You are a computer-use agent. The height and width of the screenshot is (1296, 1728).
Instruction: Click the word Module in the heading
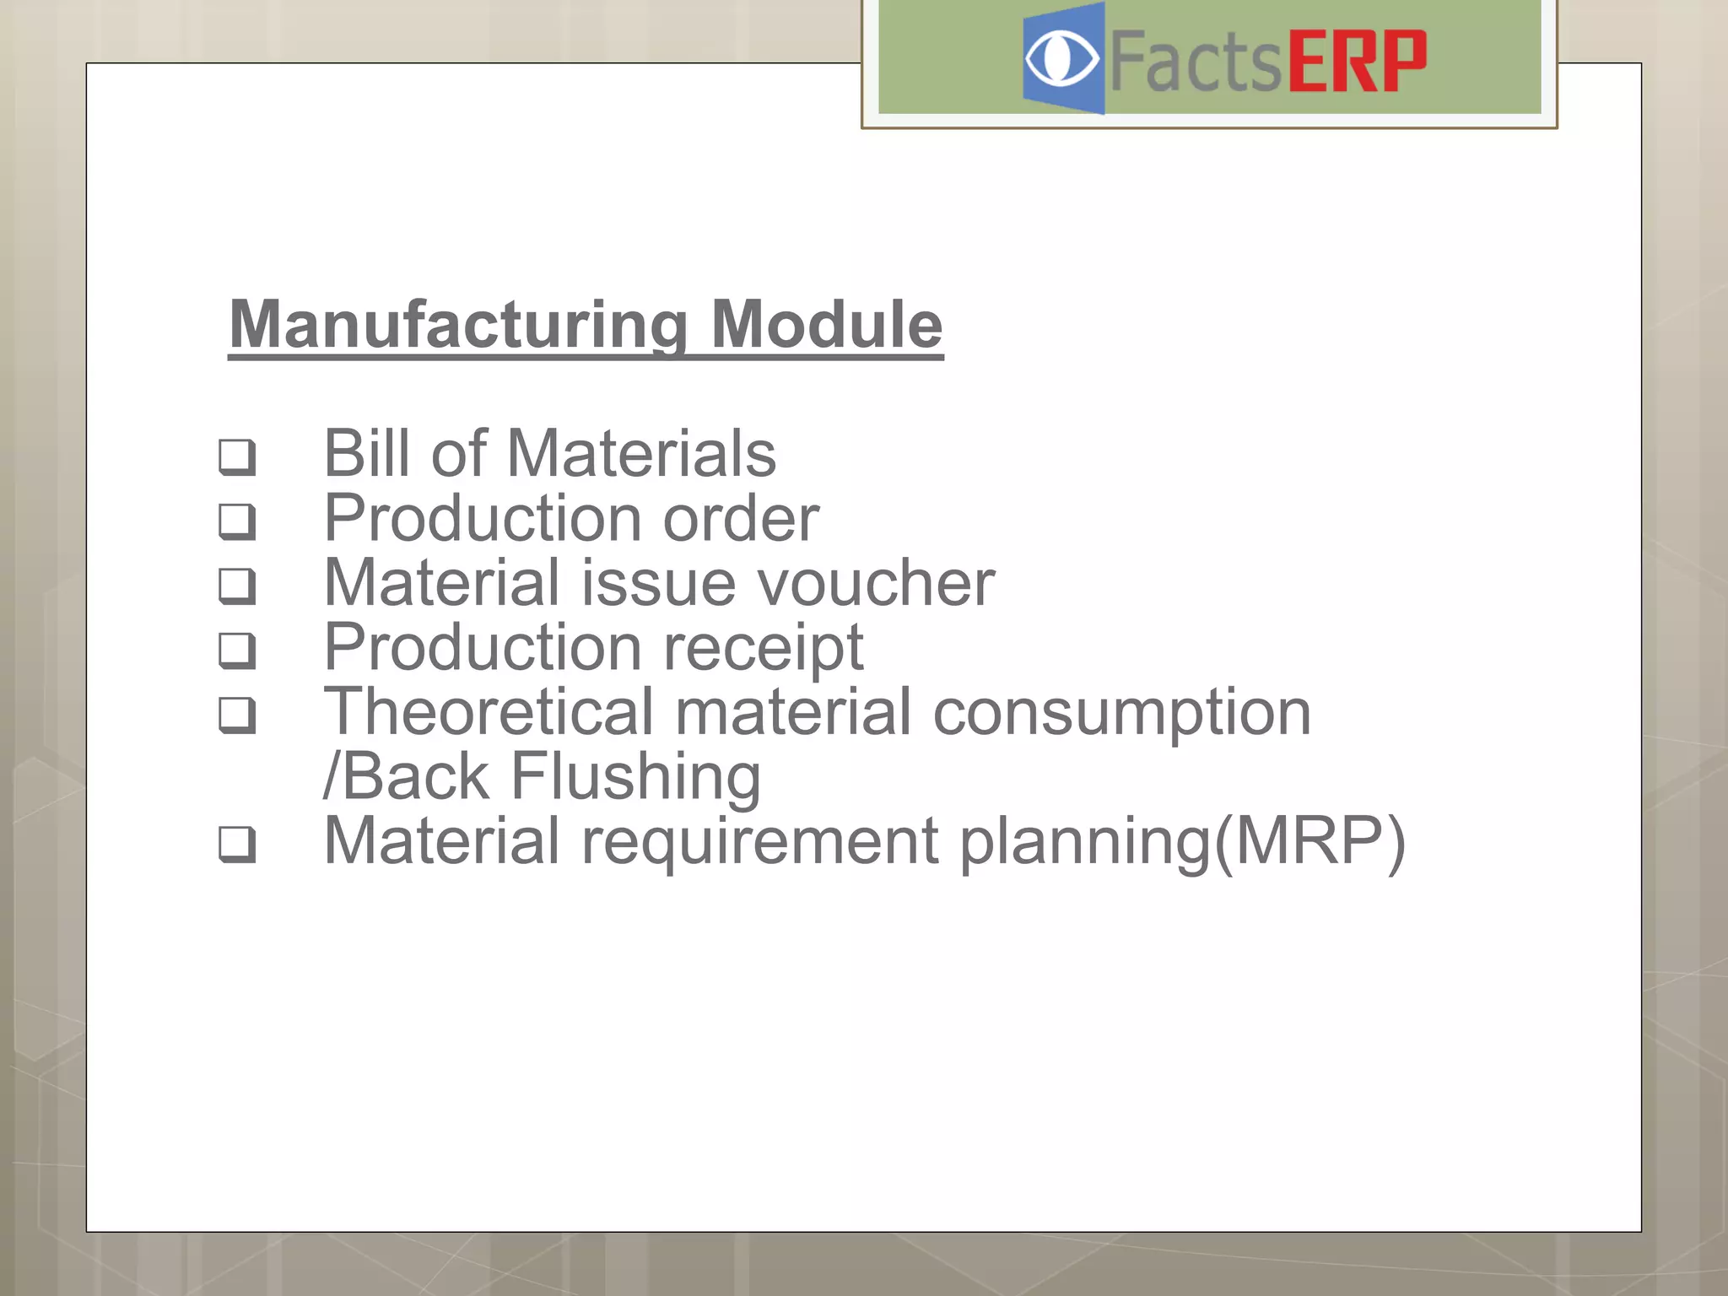click(x=826, y=325)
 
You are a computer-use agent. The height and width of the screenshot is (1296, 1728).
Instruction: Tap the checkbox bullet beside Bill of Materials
click(x=236, y=456)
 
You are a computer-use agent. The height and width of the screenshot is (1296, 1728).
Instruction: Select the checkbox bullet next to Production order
click(x=236, y=521)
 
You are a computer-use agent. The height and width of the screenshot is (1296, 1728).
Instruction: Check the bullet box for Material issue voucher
click(x=236, y=586)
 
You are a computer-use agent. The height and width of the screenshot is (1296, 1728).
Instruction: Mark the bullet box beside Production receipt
click(x=236, y=651)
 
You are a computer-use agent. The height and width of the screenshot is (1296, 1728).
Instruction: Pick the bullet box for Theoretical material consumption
click(x=236, y=715)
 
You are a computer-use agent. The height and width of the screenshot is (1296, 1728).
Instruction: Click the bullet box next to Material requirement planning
click(x=236, y=844)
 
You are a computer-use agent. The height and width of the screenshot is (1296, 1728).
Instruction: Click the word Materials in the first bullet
click(x=641, y=454)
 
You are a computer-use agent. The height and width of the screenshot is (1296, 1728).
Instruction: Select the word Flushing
click(x=635, y=777)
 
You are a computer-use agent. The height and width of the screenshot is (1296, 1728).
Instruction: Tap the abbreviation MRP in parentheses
click(x=1309, y=841)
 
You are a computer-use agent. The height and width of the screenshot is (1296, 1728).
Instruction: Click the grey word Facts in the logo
click(x=1195, y=61)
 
